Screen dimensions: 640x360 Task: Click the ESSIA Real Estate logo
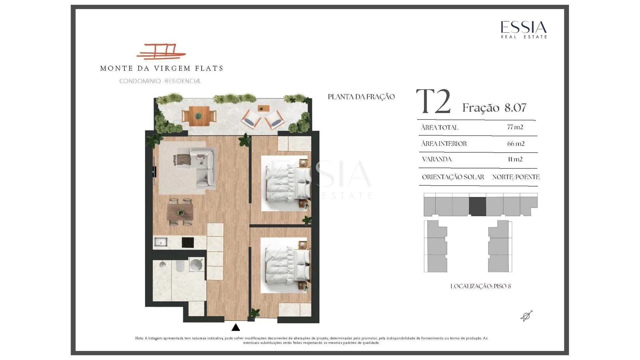pos(524,30)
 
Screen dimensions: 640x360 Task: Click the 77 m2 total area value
pos(515,127)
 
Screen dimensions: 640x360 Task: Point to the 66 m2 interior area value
pos(516,144)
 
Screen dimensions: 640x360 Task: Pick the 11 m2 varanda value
pos(515,159)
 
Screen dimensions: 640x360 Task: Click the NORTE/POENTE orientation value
pos(516,177)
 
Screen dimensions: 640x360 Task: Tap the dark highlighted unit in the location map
pos(477,206)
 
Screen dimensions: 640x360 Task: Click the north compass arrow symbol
pos(527,316)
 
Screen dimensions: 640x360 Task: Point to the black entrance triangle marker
pos(236,327)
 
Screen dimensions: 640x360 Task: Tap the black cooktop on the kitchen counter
pos(188,242)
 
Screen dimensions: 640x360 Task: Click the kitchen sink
pos(161,242)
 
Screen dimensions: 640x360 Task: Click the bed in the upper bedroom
pos(287,183)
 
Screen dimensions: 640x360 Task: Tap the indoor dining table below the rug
pos(180,212)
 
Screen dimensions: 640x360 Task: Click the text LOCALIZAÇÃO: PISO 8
pos(480,286)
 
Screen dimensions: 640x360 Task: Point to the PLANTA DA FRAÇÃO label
pos(361,97)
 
